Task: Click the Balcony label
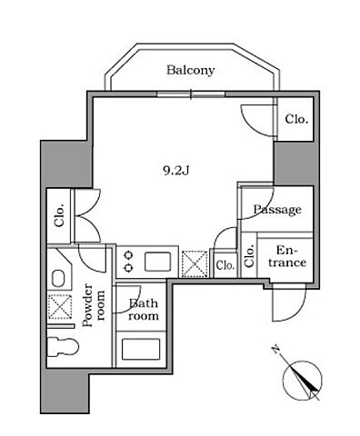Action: point(190,70)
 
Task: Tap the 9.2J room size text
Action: point(176,171)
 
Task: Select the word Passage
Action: point(277,210)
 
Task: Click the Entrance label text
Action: point(287,256)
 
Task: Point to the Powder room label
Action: point(94,305)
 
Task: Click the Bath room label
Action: point(144,310)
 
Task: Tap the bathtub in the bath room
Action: point(141,349)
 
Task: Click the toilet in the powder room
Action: point(64,347)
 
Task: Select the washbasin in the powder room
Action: point(58,278)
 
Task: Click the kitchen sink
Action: point(157,262)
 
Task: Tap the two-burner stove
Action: point(129,262)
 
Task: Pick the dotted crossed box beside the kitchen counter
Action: point(195,263)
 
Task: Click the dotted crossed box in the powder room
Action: point(60,307)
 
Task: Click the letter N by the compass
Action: point(275,349)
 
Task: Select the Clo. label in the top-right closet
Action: point(296,119)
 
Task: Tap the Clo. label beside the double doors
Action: point(60,215)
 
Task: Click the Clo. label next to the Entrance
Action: point(249,257)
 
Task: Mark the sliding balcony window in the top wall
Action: point(191,94)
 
